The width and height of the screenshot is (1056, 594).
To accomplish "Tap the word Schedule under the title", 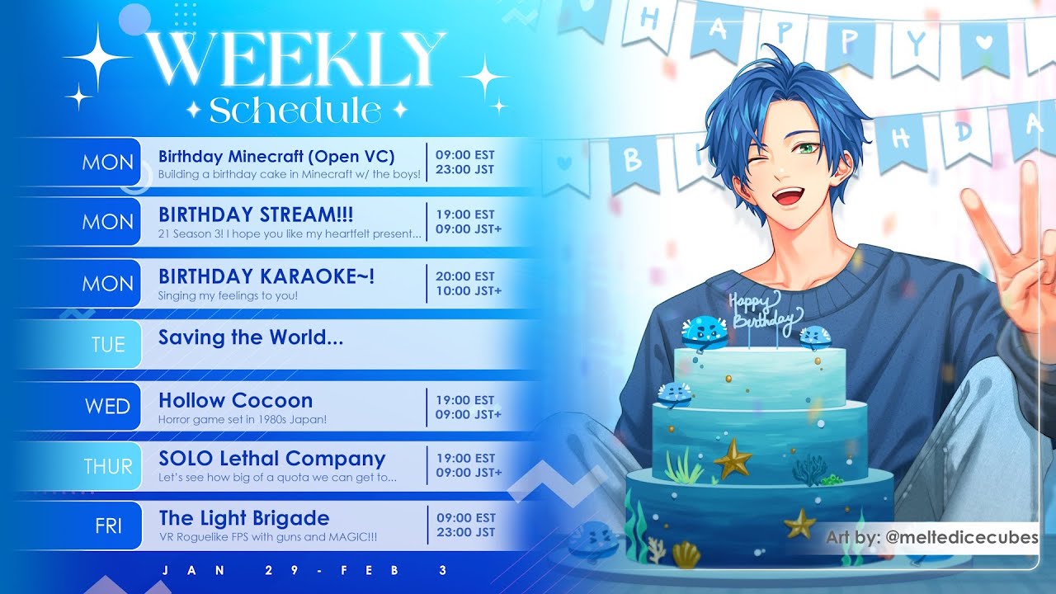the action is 295,111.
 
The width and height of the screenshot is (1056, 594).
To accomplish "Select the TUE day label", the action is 108,345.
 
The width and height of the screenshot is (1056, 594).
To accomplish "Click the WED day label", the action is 107,407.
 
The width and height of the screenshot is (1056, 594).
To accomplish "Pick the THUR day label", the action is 108,467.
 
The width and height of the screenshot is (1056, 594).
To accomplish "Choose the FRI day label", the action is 108,526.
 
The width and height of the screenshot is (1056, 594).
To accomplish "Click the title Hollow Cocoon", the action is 235,401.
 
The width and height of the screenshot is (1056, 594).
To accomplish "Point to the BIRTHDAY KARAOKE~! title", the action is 266,276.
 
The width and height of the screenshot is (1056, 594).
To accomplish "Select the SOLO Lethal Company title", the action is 272,459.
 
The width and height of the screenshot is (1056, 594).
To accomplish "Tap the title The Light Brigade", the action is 244,519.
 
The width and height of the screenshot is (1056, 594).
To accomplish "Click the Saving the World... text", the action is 250,337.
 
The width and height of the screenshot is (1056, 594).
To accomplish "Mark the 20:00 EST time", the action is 464,276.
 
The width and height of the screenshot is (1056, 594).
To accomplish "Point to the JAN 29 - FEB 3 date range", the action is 304,570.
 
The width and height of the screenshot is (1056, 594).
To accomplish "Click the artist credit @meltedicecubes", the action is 962,537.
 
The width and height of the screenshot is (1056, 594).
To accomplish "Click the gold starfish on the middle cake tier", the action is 733,458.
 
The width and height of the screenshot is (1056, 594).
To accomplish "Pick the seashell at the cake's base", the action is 686,555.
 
